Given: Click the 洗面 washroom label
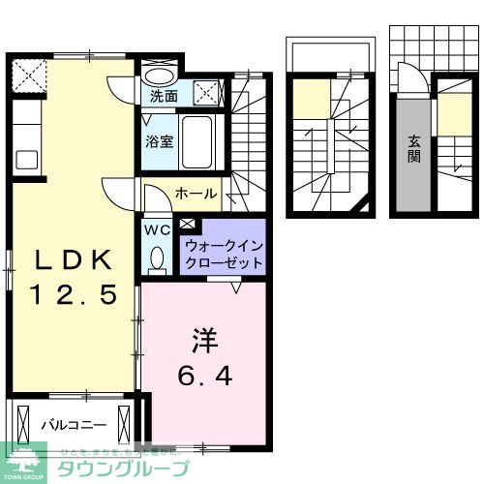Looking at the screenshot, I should coord(164,97).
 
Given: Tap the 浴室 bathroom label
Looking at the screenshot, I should coord(159,141).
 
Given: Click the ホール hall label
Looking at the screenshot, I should coord(196,194).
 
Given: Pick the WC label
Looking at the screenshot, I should coord(157,231).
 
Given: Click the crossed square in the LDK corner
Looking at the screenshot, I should coord(28,75).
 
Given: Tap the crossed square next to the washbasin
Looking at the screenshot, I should coord(207,92).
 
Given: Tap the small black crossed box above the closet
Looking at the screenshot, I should coord(186,225).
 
